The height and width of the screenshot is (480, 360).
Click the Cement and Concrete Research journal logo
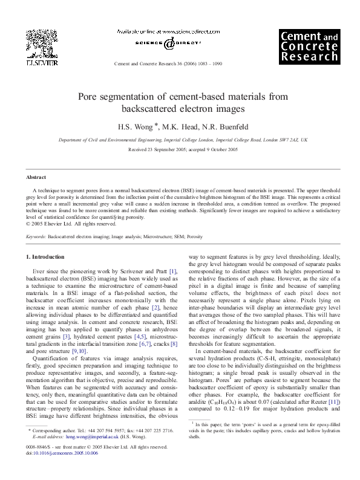(x=308, y=47)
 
